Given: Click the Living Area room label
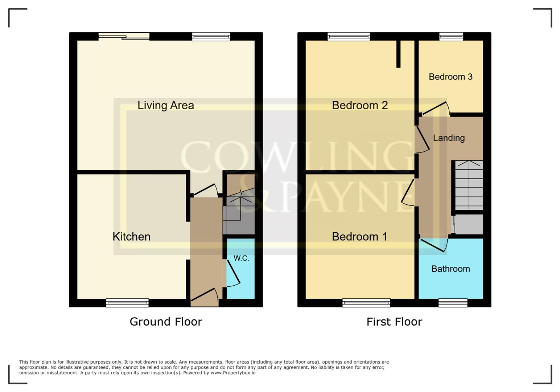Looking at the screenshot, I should coord(165,105).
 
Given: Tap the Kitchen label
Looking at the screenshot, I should coord(131,237).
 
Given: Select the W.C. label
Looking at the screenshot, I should coord(241,258).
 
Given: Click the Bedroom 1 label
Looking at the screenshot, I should coord(359,237).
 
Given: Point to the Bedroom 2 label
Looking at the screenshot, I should coord(360,105).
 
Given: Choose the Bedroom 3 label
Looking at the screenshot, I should coord(450,77).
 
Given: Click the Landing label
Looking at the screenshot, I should coord(449,138).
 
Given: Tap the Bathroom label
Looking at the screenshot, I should coord(450,269).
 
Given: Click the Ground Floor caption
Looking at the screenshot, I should coord(166,322).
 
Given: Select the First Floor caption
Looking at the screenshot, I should coord(394,322).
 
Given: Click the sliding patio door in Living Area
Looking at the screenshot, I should coord(124,36).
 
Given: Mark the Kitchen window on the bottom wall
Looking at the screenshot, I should coord(127,302).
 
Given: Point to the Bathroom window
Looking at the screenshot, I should coord(453,302).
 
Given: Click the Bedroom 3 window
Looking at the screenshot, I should coord(451,36).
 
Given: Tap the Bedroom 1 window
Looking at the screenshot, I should coord(366,302).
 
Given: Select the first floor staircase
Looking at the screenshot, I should coord(469,185).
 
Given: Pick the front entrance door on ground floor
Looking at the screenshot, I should coord(204,295).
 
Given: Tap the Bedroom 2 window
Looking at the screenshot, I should coord(349,36).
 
